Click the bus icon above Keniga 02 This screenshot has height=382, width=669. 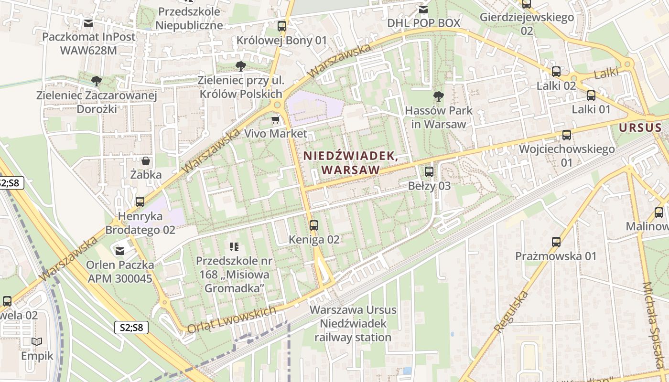pyautogui.click(x=313, y=225)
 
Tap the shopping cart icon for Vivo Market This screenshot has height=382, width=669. pyautogui.click(x=275, y=119)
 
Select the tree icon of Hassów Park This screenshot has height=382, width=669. pyautogui.click(x=438, y=96)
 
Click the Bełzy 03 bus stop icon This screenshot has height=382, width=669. pyautogui.click(x=429, y=172)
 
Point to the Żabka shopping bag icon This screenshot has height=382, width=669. pyautogui.click(x=146, y=161)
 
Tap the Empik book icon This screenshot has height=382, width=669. pyautogui.click(x=37, y=342)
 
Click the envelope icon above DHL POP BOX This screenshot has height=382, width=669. pyautogui.click(x=423, y=9)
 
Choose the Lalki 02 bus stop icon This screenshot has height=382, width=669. pyautogui.click(x=556, y=72)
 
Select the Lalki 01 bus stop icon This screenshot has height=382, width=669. pyautogui.click(x=591, y=95)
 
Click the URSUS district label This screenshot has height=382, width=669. pyautogui.click(x=640, y=128)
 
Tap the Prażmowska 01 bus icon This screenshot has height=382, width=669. pyautogui.click(x=556, y=242)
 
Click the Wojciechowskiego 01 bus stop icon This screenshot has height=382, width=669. pyautogui.click(x=567, y=135)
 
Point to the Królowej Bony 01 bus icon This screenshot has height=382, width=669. pyautogui.click(x=282, y=26)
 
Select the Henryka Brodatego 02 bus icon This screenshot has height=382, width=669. pyautogui.click(x=140, y=202)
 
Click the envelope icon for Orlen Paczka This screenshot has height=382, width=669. pyautogui.click(x=119, y=250)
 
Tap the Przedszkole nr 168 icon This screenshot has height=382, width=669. pyautogui.click(x=234, y=247)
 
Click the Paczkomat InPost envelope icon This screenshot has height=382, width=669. pyautogui.click(x=88, y=23)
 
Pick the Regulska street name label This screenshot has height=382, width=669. pyautogui.click(x=512, y=311)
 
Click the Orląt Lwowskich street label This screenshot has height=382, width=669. pyautogui.click(x=232, y=319)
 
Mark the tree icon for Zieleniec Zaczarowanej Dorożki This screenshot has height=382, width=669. pyautogui.click(x=97, y=81)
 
